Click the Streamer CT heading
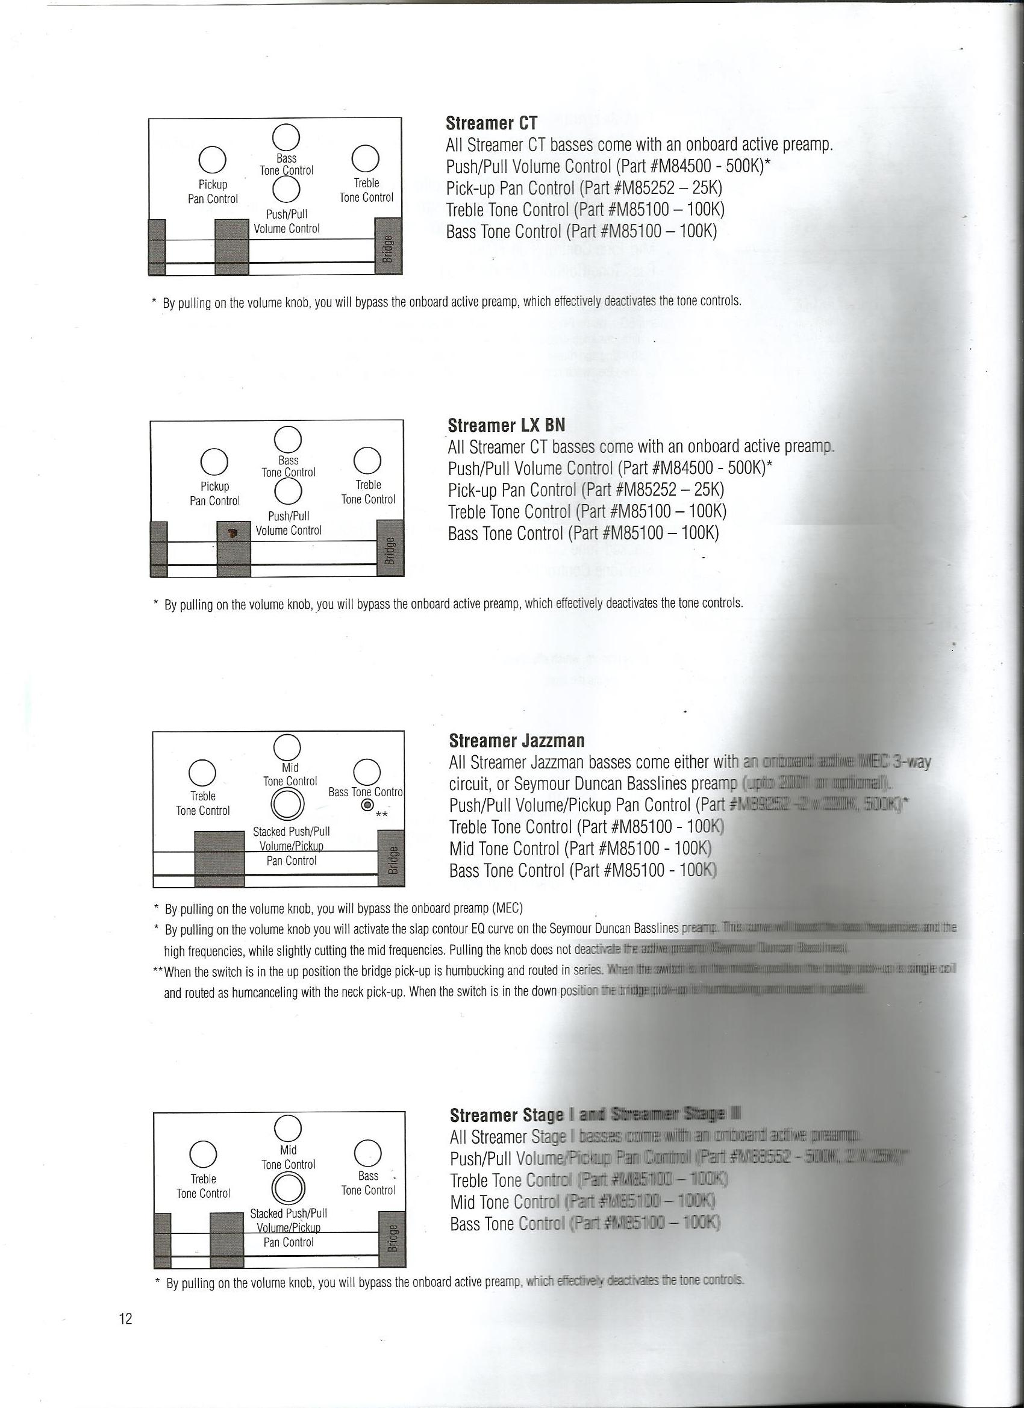491,123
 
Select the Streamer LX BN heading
506,425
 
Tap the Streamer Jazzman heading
517,741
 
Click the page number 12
125,1336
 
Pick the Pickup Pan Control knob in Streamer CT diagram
213,159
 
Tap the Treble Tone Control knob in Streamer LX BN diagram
367,461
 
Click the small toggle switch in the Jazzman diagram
368,806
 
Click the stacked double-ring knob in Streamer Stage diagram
287,1189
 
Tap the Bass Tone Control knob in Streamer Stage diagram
367,1153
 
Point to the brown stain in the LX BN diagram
233,532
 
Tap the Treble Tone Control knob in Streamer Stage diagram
203,1153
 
